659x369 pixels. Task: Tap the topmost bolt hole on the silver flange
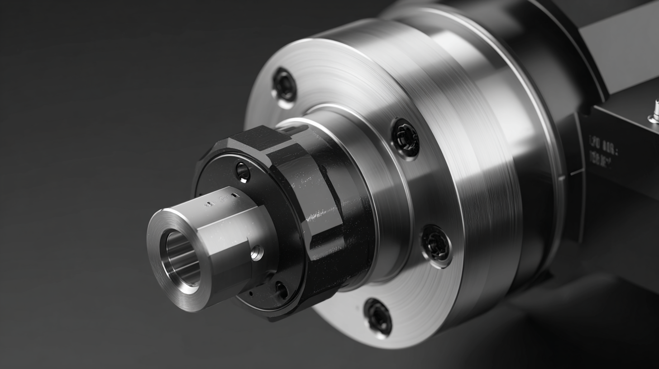(284, 85)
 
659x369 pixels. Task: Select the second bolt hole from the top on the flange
(405, 138)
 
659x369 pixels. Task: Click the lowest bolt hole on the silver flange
(378, 317)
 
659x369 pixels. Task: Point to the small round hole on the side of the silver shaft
(256, 253)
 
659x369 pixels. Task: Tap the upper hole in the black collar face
(243, 171)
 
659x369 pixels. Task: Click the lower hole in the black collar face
(281, 290)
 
